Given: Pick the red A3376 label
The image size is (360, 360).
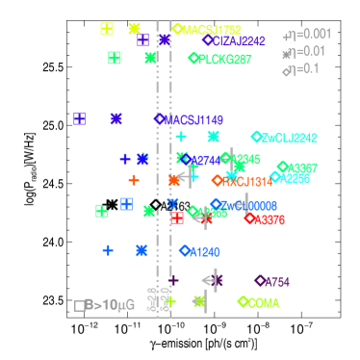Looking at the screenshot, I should [269, 219].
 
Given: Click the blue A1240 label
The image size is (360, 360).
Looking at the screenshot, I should [204, 252].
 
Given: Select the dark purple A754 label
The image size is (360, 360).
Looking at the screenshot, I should [276, 282].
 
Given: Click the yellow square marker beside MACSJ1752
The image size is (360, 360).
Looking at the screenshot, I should [107, 29].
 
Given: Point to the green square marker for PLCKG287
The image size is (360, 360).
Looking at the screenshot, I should [115, 58].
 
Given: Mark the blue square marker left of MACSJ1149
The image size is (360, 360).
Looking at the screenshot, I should [80, 119].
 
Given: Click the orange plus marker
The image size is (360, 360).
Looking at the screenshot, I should [134, 180].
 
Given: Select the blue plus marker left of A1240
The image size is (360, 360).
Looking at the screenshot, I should [108, 250].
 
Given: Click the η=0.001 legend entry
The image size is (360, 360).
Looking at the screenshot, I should [308, 35].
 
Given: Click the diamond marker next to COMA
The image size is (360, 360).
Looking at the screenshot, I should [242, 301].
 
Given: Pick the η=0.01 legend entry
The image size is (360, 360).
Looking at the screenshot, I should [306, 51].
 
